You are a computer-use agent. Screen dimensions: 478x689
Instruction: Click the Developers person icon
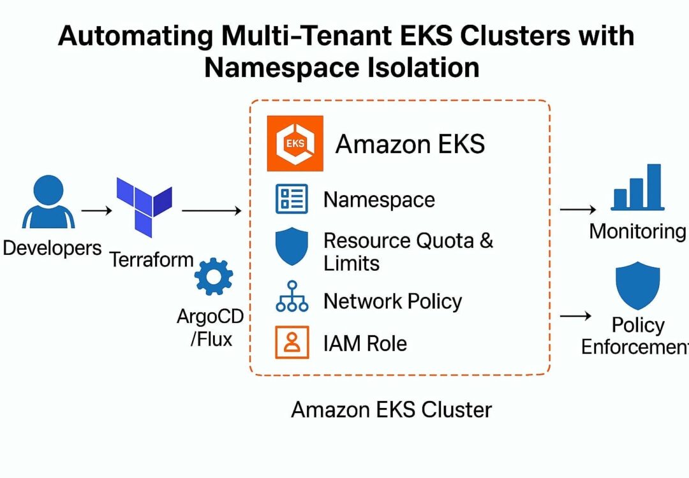tap(48, 202)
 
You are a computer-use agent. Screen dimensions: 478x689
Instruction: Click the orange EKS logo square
tap(295, 143)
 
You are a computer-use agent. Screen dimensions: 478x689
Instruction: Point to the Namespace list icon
tap(292, 199)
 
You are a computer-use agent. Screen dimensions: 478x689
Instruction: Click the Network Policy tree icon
tap(292, 296)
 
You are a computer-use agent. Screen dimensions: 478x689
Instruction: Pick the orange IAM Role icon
tap(292, 342)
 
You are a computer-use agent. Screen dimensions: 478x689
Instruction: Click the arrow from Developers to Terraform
tap(96, 210)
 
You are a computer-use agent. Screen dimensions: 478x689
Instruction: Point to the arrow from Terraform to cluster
tap(211, 210)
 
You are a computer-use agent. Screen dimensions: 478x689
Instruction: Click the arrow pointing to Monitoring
tap(577, 208)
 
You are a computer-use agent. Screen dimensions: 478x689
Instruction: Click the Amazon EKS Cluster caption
tap(391, 409)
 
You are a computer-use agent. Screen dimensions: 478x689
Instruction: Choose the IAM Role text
tap(365, 344)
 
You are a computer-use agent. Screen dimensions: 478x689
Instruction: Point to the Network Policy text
tap(392, 301)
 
